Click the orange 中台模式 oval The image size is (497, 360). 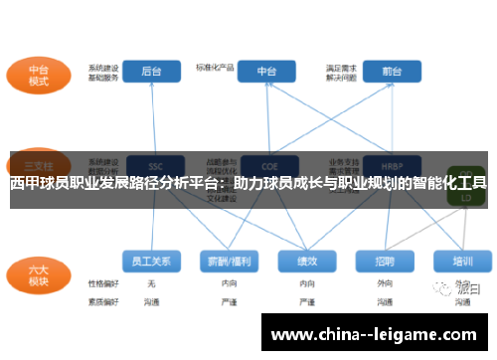coord(39,75)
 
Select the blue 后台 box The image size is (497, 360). coord(152,72)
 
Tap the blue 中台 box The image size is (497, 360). coord(267,72)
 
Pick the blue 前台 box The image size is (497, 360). coord(390,72)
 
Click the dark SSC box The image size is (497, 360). coord(153,165)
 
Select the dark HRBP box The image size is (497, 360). coord(391,165)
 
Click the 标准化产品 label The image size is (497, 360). coord(214,68)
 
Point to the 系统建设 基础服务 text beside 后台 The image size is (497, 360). coord(103,72)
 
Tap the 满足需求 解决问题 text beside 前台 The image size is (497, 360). coord(340,72)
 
